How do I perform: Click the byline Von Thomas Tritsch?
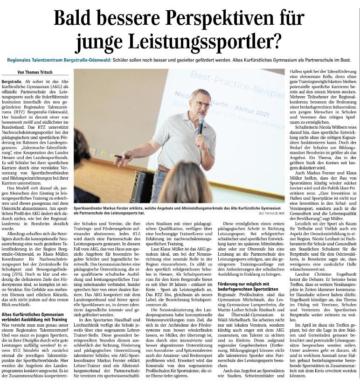tap(35, 72)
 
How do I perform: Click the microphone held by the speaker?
tap(201, 124)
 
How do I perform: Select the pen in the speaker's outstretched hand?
tap(122, 157)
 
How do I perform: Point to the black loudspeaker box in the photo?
tap(141, 186)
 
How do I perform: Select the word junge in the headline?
tap(100, 43)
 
